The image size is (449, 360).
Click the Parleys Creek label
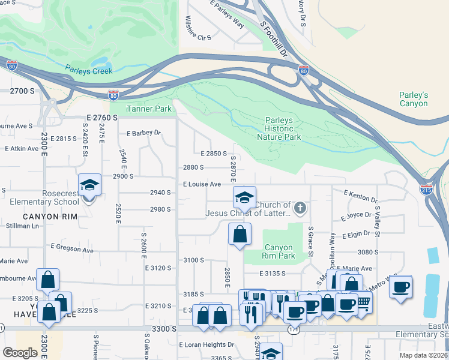89,71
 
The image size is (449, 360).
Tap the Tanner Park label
149,109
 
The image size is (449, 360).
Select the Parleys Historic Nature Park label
279,128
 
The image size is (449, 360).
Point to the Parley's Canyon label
414,99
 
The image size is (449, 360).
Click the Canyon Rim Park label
279,251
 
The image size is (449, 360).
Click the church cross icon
300,209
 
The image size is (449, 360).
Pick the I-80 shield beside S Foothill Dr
304,70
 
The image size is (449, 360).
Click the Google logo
19,353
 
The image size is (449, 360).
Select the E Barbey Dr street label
144,133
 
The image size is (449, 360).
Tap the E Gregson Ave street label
73,246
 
